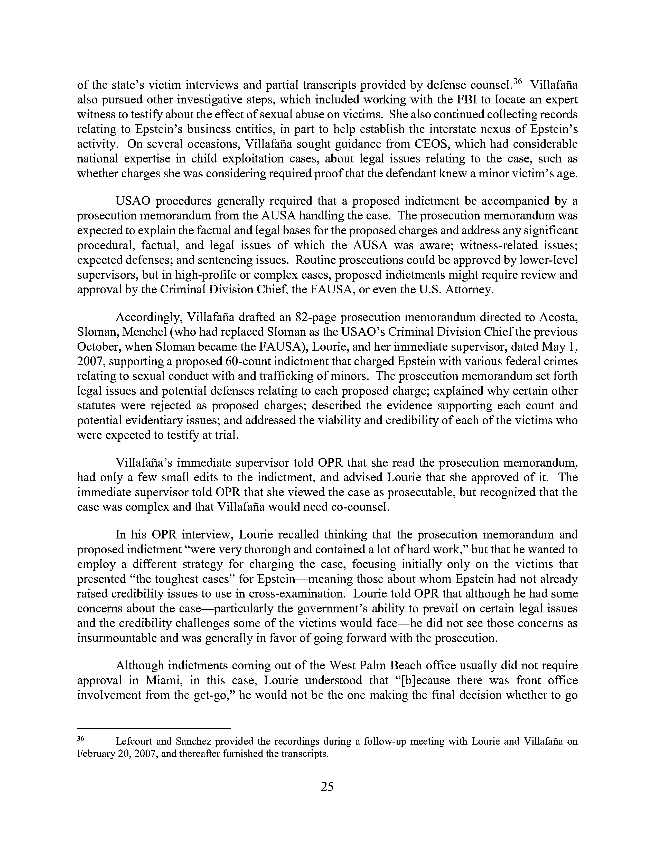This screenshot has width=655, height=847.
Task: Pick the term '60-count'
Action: (247, 361)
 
